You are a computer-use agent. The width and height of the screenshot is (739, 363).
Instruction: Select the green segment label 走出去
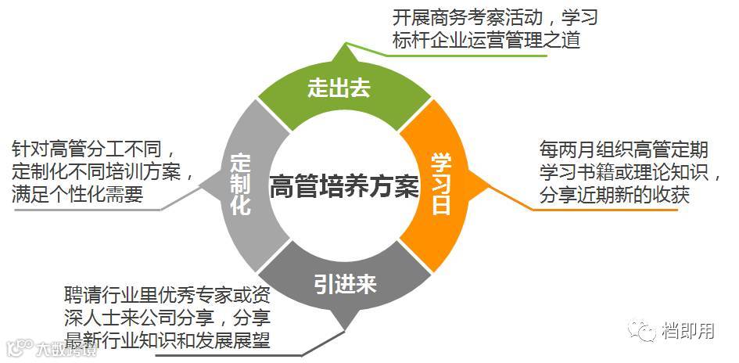(338, 89)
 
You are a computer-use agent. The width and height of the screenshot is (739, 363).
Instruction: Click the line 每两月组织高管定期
(613, 149)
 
